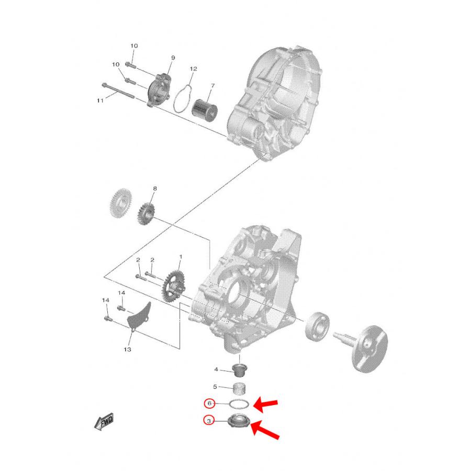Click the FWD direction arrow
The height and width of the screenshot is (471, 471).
point(104,421)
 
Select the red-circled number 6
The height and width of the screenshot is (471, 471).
point(209,403)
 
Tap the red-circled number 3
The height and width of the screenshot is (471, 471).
point(209,421)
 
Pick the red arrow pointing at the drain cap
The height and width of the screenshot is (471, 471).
point(265,429)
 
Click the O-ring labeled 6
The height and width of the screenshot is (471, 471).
point(239,404)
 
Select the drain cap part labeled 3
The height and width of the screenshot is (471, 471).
point(239,420)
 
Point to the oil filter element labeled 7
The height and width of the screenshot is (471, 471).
point(205,108)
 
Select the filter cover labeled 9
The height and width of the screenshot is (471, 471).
point(159,90)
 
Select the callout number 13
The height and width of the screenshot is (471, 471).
point(127,350)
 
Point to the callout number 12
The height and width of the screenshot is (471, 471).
point(194,69)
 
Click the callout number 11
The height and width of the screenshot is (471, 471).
point(100,100)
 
